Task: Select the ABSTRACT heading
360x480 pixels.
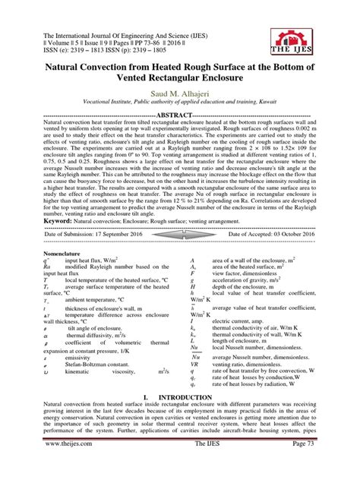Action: pos(180,114)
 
